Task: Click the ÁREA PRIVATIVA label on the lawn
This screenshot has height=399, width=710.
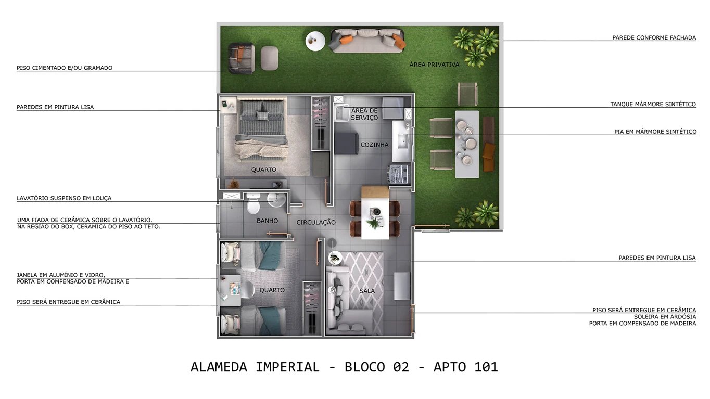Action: tap(434, 65)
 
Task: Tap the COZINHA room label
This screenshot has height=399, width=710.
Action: tap(374, 145)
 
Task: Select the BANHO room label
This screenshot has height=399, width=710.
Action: tap(267, 221)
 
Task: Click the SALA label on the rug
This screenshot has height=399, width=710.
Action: tap(367, 291)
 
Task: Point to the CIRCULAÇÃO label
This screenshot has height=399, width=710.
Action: tap(316, 222)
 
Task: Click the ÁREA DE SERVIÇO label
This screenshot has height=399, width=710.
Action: tap(364, 114)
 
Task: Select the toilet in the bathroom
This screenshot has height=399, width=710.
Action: tap(253, 204)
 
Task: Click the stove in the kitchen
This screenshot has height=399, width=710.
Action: tap(399, 173)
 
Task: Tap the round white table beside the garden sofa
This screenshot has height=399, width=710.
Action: tap(315, 41)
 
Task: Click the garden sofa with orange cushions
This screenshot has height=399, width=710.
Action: tap(368, 40)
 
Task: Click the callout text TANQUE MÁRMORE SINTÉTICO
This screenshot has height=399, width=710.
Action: tap(653, 104)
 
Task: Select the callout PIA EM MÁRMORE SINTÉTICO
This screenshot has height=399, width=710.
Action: tap(655, 132)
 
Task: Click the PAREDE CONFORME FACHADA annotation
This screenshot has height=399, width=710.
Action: tap(654, 37)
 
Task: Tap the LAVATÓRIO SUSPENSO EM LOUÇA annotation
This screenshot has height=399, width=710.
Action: tap(64, 198)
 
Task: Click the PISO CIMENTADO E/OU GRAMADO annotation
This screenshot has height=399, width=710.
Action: tap(65, 68)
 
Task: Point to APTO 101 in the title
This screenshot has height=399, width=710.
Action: tap(465, 367)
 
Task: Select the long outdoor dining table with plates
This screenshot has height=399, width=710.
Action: tap(466, 144)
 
